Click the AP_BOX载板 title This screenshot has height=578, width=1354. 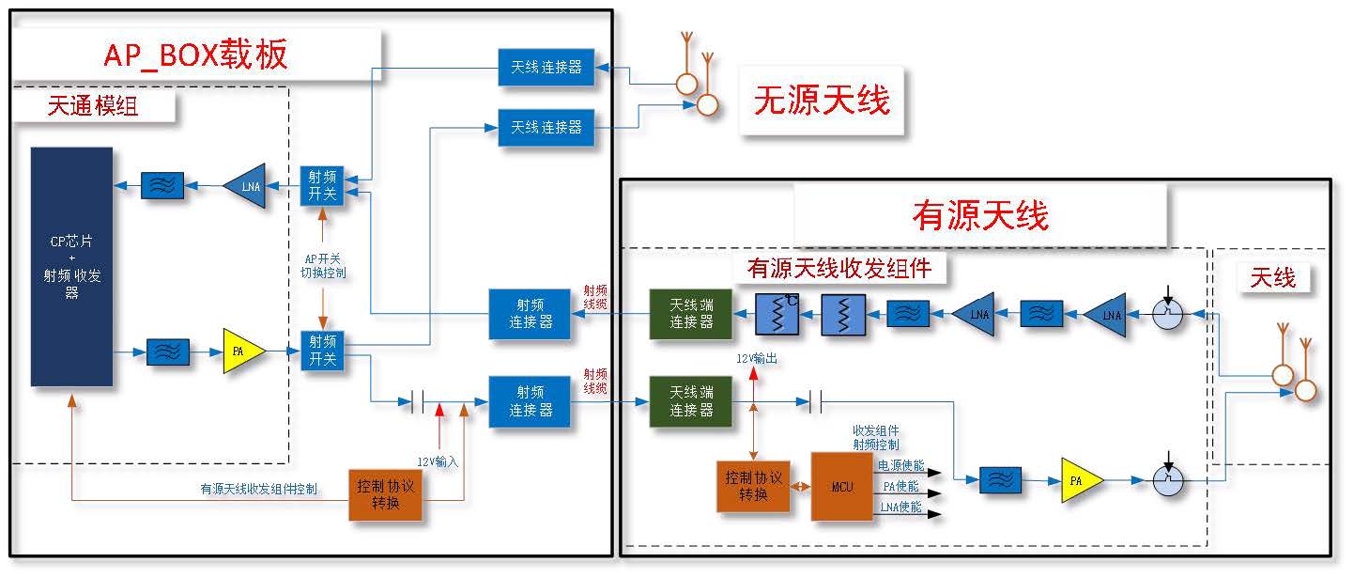(195, 56)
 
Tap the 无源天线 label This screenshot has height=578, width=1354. (822, 99)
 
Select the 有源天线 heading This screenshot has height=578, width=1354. (979, 216)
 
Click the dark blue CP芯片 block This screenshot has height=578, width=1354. (71, 266)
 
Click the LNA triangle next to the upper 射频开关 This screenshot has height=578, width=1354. (246, 186)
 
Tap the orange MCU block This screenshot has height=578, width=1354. (841, 486)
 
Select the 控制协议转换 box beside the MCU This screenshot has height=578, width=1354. (753, 486)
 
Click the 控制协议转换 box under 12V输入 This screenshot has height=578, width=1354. (385, 494)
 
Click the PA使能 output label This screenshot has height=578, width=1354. (900, 486)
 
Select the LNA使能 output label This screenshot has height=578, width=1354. (900, 508)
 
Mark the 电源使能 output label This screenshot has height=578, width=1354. (900, 465)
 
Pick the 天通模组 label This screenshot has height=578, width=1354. (92, 106)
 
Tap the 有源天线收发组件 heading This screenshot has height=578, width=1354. (839, 268)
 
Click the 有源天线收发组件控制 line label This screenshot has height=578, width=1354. (258, 489)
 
